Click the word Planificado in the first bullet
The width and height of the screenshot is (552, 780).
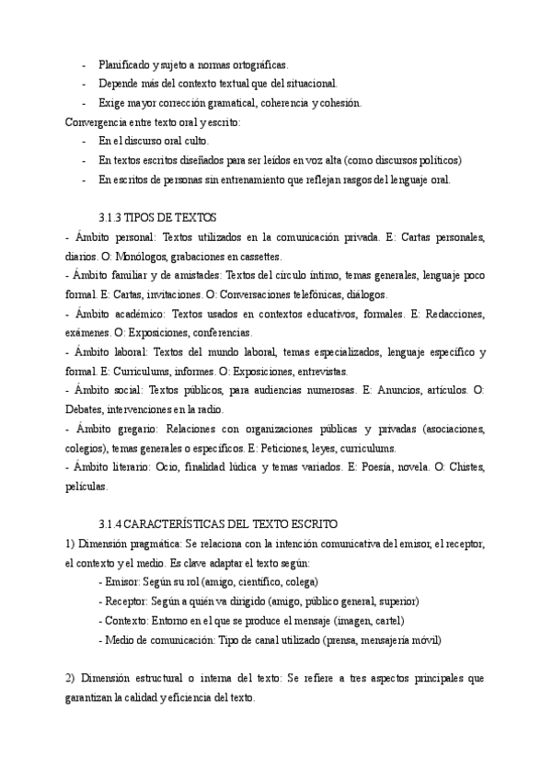click(x=122, y=64)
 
